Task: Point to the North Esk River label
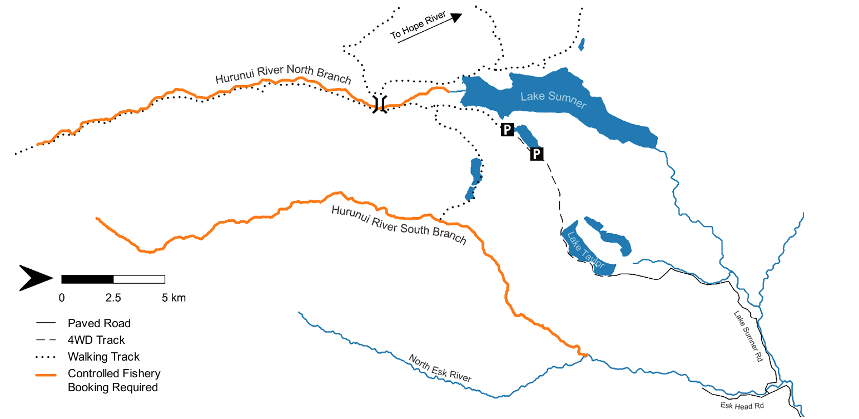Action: point(440,368)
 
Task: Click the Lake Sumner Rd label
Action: point(747,337)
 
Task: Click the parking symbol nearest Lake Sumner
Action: point(507,130)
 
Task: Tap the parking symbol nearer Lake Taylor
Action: point(537,154)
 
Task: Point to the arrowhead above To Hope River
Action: point(456,18)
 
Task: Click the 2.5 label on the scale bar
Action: point(113,298)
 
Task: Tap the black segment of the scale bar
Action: point(87,279)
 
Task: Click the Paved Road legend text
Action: point(99,323)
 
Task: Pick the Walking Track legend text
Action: point(103,356)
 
